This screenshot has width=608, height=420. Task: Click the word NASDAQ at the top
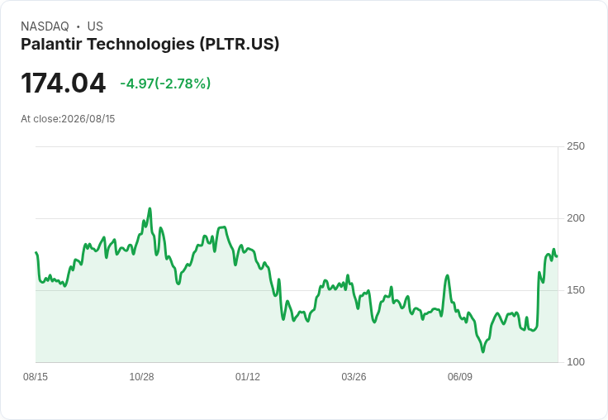click(x=45, y=26)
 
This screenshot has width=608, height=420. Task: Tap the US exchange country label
click(x=95, y=26)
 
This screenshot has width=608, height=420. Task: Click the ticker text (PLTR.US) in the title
click(x=240, y=44)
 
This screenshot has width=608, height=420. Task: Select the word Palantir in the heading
click(x=51, y=44)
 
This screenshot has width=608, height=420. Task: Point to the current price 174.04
click(x=64, y=83)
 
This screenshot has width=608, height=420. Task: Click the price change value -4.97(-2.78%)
click(x=165, y=84)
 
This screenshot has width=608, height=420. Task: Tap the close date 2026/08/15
click(x=88, y=119)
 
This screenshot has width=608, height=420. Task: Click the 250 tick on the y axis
click(x=576, y=146)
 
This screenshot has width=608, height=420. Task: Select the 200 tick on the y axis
click(x=576, y=218)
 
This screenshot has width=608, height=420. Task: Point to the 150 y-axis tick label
click(x=576, y=290)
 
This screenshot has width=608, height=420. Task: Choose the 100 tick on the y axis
click(x=576, y=362)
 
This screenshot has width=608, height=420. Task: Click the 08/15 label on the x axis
click(x=36, y=376)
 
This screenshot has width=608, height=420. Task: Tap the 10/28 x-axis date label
click(x=141, y=376)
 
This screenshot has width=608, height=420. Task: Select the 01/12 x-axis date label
click(x=248, y=376)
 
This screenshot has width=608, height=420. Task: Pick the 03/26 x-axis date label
click(x=354, y=376)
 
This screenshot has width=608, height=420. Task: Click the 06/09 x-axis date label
click(x=460, y=376)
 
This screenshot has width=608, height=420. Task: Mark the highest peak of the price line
click(x=150, y=208)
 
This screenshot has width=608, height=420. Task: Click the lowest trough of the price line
click(x=482, y=351)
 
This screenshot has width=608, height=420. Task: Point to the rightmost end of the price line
click(x=557, y=256)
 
